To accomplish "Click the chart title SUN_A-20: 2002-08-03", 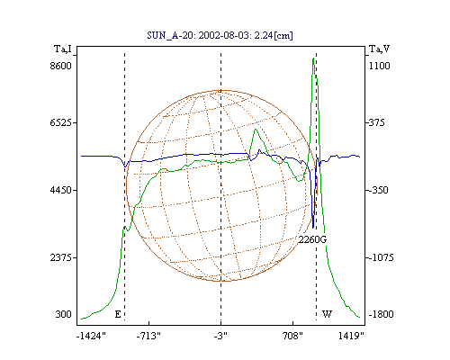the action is coord(196,35).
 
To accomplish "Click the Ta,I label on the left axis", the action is coord(63,49).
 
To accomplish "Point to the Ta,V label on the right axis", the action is coord(380,49).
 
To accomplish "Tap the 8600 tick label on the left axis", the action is coord(61,66).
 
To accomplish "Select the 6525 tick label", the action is coord(61,122).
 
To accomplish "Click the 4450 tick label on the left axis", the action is coord(61,190).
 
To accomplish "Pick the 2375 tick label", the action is coord(61,257).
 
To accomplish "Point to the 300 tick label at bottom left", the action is coord(64,314).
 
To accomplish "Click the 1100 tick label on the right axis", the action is coord(380,66).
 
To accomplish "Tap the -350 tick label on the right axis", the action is coord(378,190).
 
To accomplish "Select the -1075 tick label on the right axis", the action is coord(381,257).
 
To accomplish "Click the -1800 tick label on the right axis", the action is coord(381,314).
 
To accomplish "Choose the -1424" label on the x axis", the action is coord(92,336).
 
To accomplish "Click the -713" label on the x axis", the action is coord(148,336).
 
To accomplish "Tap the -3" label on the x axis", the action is coord(220,336).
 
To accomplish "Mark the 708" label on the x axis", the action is coord(292,336).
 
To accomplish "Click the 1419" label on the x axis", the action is coord(351,336).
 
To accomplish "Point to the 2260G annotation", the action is coord(312,239).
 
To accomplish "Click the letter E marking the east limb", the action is coord(118,314).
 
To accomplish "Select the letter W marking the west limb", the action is coord(327,314).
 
